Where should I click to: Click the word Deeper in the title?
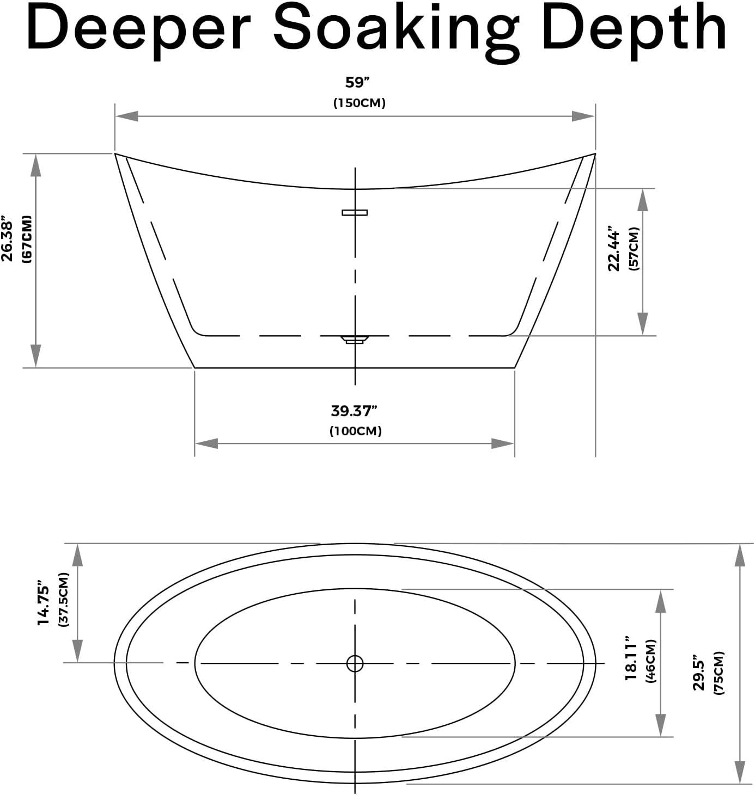pos(138,32)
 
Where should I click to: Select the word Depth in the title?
pos(635,32)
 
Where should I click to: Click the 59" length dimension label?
pos(357,83)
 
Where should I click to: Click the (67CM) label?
pos(27,239)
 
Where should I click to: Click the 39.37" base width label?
pos(354,411)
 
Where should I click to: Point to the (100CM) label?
pos(355,431)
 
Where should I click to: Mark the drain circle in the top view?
pos(355,663)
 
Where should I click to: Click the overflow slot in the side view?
pos(355,212)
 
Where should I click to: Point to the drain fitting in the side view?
pos(355,339)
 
